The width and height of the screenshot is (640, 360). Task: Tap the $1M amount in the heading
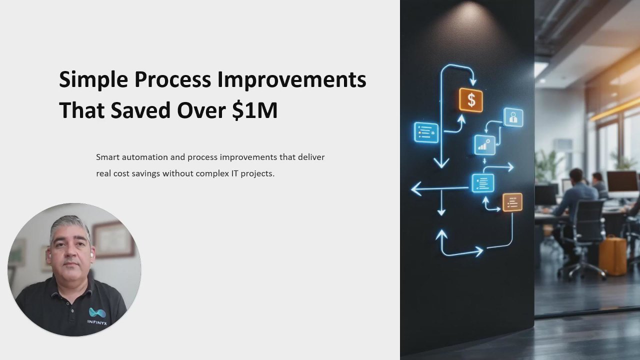point(254,110)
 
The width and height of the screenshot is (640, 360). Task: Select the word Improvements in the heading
point(291,79)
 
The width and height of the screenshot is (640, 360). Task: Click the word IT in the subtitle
point(234,173)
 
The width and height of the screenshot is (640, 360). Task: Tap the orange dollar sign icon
point(471,100)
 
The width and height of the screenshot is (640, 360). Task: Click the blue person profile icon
point(513,117)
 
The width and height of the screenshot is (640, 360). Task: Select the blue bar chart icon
point(484,145)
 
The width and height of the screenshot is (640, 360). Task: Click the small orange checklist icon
point(512,202)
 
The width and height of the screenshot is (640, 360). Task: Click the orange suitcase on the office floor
point(612,255)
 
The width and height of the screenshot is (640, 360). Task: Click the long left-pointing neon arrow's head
point(416,189)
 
